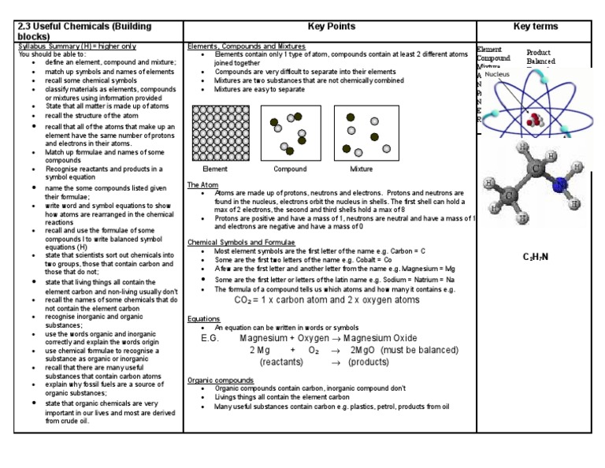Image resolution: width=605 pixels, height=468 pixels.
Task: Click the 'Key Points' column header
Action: pos(329,27)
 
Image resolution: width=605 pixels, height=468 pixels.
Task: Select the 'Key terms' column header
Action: pos(535,27)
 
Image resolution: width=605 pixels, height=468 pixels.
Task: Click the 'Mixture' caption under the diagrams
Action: pos(361,169)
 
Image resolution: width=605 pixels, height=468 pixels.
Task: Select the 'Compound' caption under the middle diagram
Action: pos(289,169)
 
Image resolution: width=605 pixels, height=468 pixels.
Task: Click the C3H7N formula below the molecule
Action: pos(536,257)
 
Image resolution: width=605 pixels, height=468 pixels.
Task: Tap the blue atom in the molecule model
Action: pos(559,186)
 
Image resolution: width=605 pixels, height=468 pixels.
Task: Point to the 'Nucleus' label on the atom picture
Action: pos(498,74)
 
